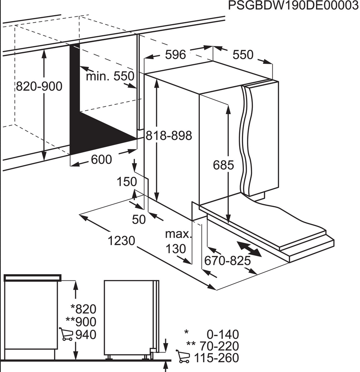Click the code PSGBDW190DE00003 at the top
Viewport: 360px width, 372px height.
(x=293, y=6)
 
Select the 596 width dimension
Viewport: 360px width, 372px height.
(x=175, y=55)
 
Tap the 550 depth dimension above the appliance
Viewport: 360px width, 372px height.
(x=243, y=55)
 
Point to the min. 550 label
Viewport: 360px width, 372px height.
(x=110, y=76)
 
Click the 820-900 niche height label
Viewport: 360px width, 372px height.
(x=39, y=86)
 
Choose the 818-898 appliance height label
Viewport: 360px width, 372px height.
(x=169, y=136)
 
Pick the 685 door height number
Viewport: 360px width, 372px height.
(x=223, y=165)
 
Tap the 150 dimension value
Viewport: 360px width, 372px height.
(x=127, y=182)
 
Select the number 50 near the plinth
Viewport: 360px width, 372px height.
(x=139, y=220)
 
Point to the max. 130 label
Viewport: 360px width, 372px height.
(x=178, y=242)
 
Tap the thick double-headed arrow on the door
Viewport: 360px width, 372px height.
(x=248, y=249)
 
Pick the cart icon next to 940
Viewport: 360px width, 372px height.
(x=66, y=334)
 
